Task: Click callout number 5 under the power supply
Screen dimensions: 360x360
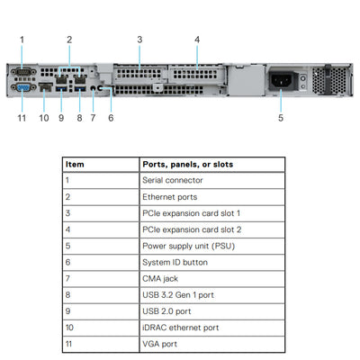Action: pyautogui.click(x=280, y=117)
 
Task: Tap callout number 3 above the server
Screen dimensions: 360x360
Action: pyautogui.click(x=139, y=39)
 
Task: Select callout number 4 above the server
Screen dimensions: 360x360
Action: pyautogui.click(x=197, y=39)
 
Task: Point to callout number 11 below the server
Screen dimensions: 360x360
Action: pyautogui.click(x=22, y=117)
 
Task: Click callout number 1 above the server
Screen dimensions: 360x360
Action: pyautogui.click(x=22, y=39)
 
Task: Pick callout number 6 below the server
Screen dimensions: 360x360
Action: pyautogui.click(x=111, y=117)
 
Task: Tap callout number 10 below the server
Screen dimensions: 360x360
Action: pyautogui.click(x=44, y=117)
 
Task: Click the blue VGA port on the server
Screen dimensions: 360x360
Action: pyautogui.click(x=22, y=87)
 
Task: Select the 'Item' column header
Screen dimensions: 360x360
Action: pyautogui.click(x=76, y=165)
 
